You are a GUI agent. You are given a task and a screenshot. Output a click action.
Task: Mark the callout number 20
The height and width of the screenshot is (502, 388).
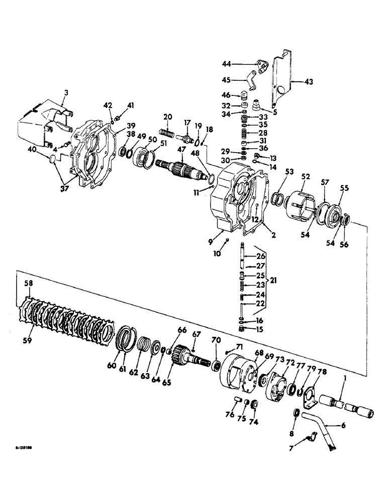tap(167, 116)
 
